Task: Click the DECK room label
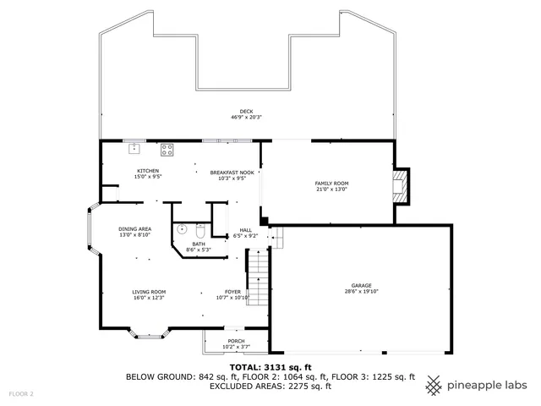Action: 245,111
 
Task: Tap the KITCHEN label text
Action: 149,172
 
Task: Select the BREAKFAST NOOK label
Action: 232,172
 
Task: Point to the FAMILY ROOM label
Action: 331,184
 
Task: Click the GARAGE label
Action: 362,285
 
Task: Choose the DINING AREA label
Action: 134,229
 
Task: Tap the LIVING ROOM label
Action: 148,291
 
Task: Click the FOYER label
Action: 232,291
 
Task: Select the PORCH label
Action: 236,342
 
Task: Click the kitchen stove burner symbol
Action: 167,151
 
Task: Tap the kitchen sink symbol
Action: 134,149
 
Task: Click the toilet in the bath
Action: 200,230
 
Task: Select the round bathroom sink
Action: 182,228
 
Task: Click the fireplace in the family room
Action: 403,186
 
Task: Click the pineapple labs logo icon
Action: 434,386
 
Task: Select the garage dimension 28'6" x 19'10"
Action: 362,292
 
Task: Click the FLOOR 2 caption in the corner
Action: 21,394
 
